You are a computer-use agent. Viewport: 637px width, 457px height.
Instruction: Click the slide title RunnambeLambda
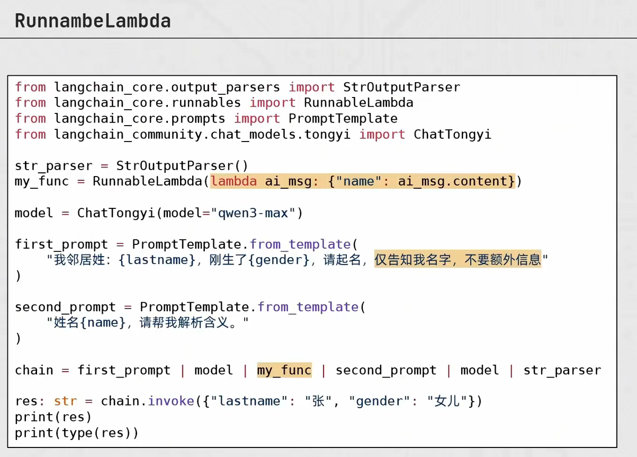(x=93, y=21)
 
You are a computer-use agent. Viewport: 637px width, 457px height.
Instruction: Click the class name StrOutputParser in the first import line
(x=401, y=87)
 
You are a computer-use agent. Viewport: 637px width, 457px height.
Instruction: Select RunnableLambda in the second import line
(x=358, y=102)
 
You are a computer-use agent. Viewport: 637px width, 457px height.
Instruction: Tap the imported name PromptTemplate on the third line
(x=343, y=119)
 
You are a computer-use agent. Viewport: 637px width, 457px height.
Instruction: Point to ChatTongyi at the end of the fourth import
(x=452, y=134)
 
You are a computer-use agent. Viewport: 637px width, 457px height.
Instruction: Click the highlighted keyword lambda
(x=234, y=181)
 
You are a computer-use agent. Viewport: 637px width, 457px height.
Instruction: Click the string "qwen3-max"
(x=253, y=213)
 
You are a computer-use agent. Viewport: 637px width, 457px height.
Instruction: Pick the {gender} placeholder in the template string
(x=279, y=260)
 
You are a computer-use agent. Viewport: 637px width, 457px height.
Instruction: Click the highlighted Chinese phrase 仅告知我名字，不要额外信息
(x=457, y=260)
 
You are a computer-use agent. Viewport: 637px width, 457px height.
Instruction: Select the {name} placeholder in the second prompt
(x=103, y=323)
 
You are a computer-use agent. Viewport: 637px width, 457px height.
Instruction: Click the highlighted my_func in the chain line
(x=284, y=370)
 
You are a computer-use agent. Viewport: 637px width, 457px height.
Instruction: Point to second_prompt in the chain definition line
(x=386, y=370)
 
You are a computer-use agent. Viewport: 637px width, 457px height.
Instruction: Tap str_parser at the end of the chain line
(x=562, y=370)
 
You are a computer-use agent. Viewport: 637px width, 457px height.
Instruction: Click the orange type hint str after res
(x=66, y=401)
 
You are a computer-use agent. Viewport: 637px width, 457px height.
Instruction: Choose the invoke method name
(x=171, y=401)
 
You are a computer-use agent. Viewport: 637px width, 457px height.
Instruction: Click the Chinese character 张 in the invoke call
(x=318, y=401)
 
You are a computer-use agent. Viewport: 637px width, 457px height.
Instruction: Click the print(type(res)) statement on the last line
(x=76, y=433)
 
